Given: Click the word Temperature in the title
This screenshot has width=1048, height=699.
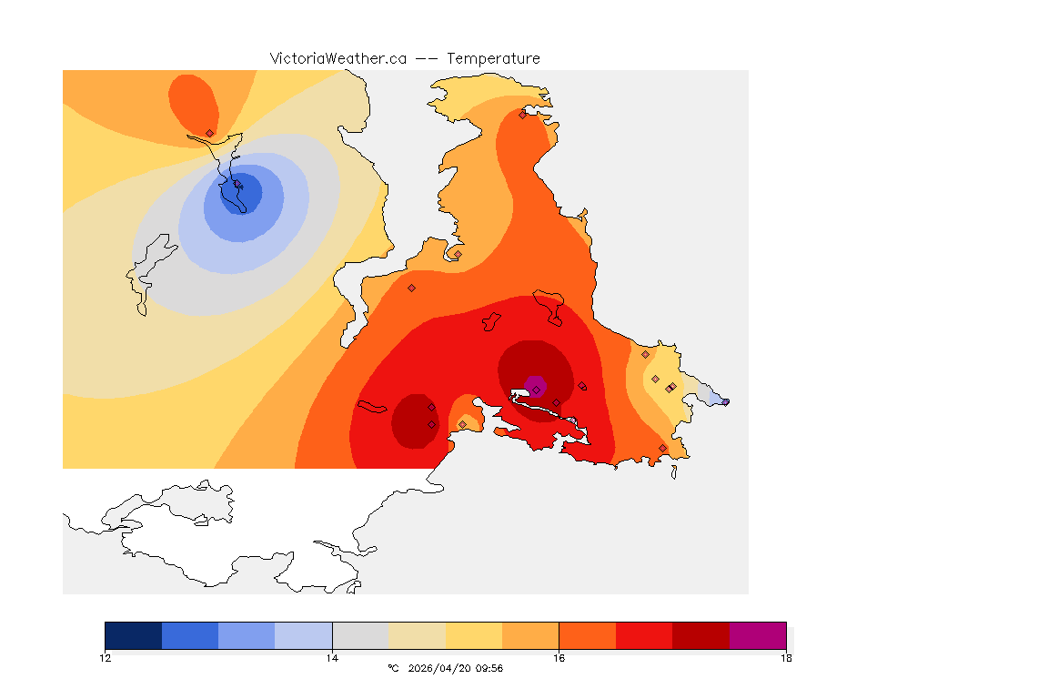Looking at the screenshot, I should click(493, 58).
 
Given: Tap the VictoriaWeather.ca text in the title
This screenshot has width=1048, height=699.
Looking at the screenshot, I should click(338, 58).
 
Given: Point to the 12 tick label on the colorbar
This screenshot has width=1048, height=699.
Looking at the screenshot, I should click(106, 658).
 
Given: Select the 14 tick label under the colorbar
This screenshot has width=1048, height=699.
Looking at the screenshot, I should click(332, 658).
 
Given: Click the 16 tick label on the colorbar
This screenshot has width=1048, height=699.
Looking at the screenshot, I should click(559, 658).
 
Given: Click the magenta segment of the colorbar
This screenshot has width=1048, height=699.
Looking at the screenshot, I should click(757, 635).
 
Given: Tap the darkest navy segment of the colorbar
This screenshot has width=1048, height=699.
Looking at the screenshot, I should click(134, 635).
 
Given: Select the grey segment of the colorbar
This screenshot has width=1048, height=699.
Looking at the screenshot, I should click(360, 635).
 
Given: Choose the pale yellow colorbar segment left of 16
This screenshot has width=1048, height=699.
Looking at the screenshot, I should click(474, 635).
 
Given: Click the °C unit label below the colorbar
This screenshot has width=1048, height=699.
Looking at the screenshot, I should click(393, 669).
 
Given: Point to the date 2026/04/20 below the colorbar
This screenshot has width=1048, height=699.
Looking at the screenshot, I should click(440, 669).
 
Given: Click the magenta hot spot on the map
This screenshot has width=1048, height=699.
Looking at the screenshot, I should click(535, 387).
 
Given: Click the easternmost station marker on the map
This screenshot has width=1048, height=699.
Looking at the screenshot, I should click(725, 401).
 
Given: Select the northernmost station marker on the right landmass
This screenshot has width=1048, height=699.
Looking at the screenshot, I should click(522, 115).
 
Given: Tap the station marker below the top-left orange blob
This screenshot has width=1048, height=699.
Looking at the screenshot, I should click(209, 133).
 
